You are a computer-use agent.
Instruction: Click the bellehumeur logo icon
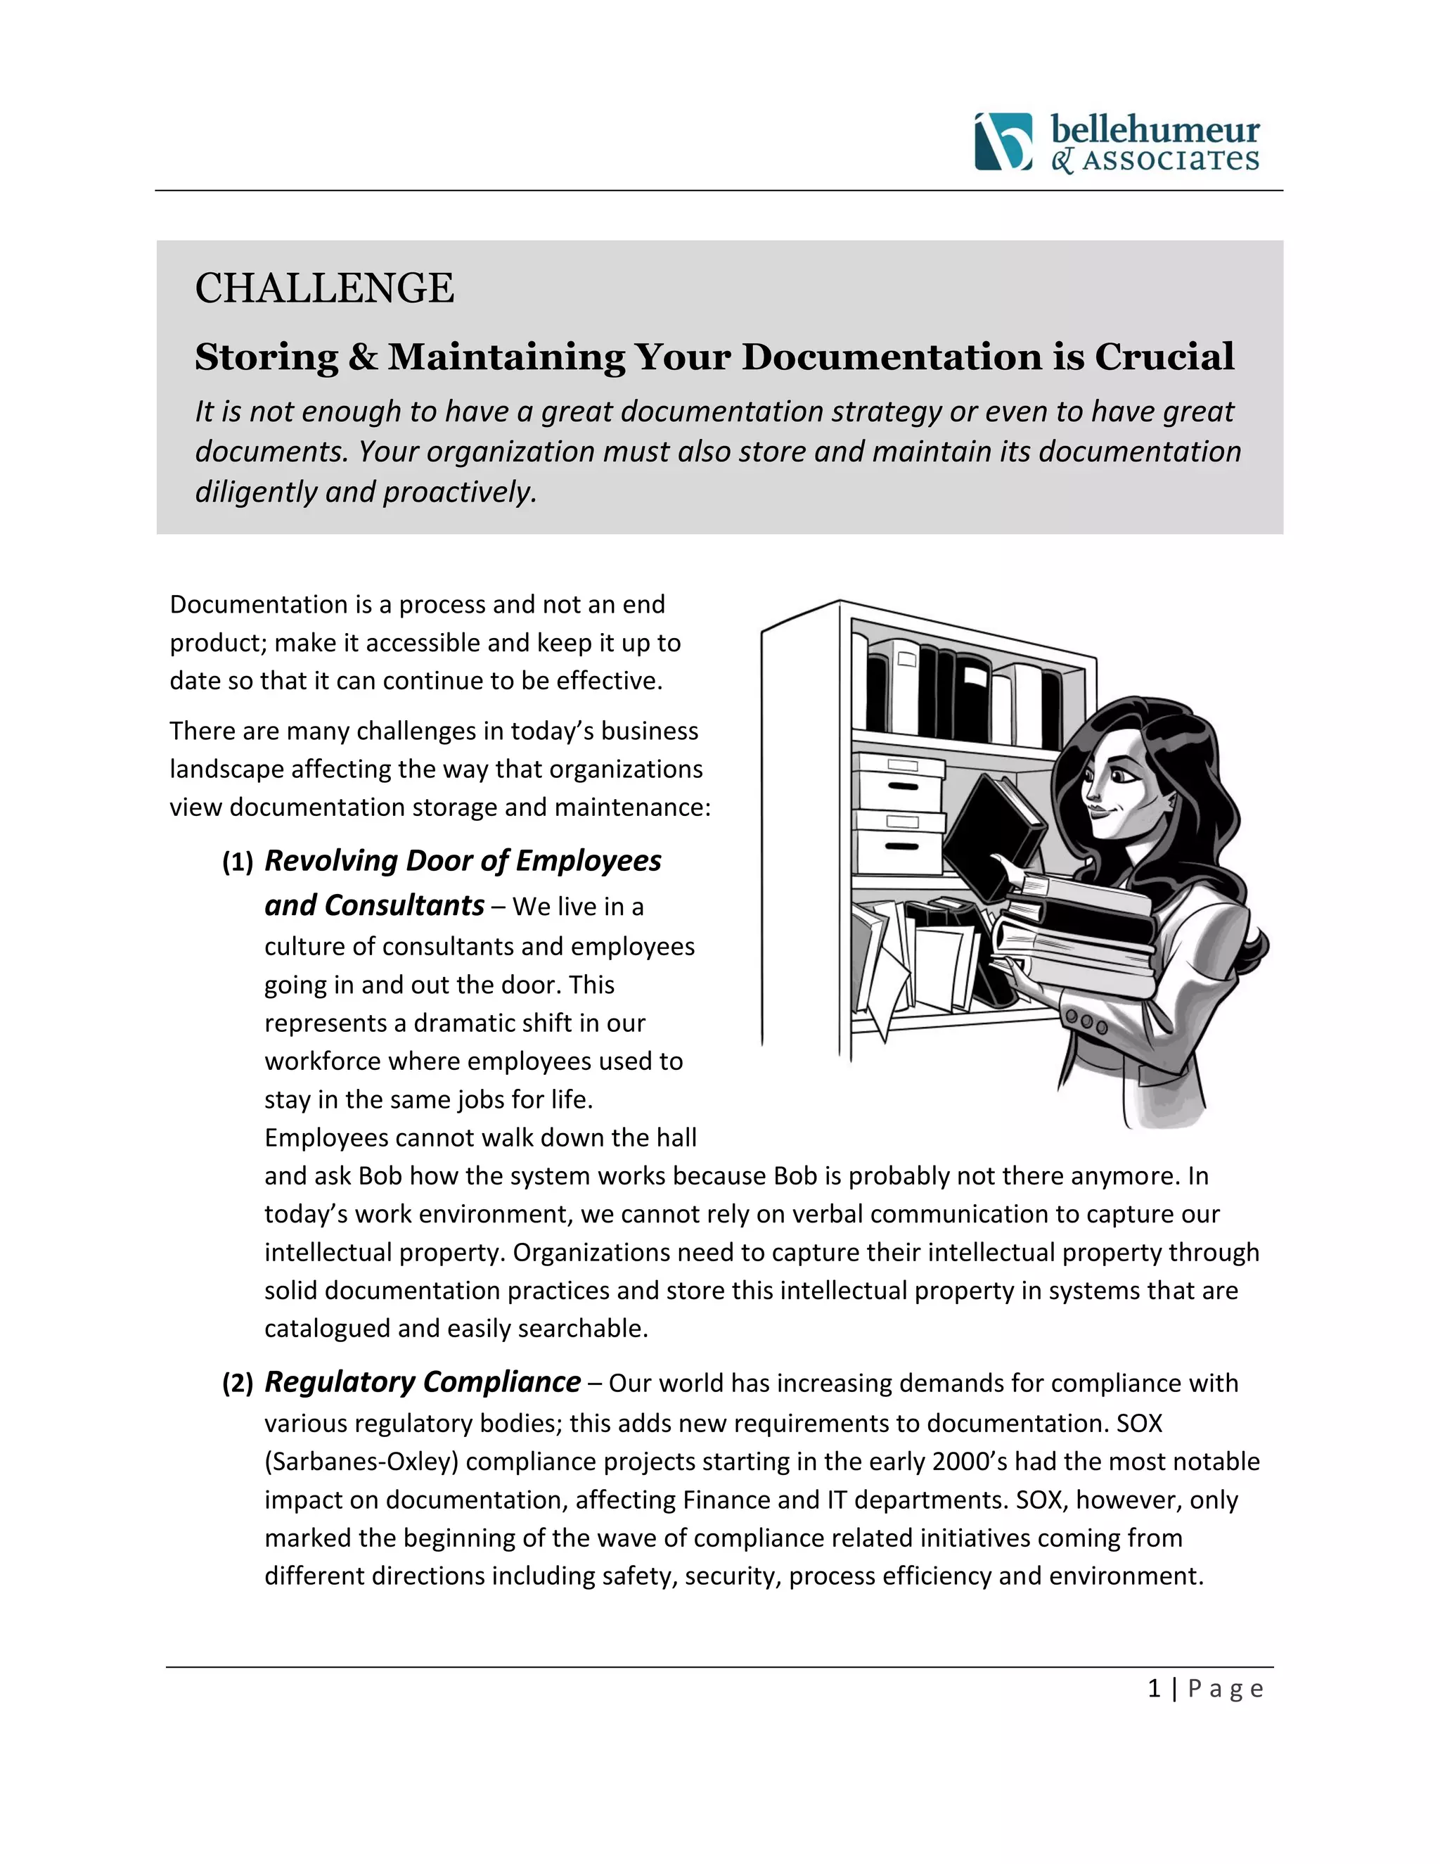click(1003, 141)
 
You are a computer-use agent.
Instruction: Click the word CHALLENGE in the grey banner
click(324, 288)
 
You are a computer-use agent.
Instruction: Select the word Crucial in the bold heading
click(1164, 357)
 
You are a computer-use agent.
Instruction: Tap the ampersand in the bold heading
click(363, 357)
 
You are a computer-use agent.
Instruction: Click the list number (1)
click(237, 863)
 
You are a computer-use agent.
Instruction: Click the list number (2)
click(237, 1384)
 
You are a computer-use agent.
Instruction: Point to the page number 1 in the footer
click(1155, 1688)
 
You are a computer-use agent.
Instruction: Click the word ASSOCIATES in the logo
click(1171, 160)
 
